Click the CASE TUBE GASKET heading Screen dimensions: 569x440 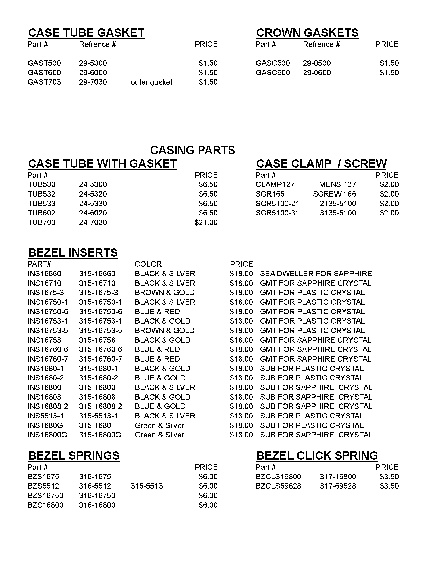pos(86,33)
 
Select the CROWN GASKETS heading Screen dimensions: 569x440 pos(307,33)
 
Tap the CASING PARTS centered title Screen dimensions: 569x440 pos(192,150)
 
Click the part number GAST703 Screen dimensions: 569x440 pos(44,82)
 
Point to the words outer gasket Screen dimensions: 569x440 pos(151,82)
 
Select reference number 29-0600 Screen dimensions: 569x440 pos(317,73)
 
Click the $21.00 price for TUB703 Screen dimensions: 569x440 pos(206,222)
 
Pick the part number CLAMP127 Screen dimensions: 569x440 pos(275,184)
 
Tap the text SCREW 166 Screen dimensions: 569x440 pos(334,194)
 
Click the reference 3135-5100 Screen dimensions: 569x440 pos(338,213)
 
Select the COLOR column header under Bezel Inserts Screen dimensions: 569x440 pos(148,264)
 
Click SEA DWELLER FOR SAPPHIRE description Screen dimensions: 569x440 pos(316,274)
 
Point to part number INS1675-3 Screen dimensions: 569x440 pos(46,293)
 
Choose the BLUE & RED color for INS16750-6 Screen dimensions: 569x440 pos(157,312)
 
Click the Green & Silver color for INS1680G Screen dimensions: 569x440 pos(159,425)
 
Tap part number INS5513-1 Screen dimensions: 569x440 pos(46,416)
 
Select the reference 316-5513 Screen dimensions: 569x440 pos(146,486)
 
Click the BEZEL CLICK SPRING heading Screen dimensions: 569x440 pos(317,456)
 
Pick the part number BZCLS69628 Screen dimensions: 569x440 pos(278,486)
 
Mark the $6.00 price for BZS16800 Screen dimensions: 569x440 pos(208,505)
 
